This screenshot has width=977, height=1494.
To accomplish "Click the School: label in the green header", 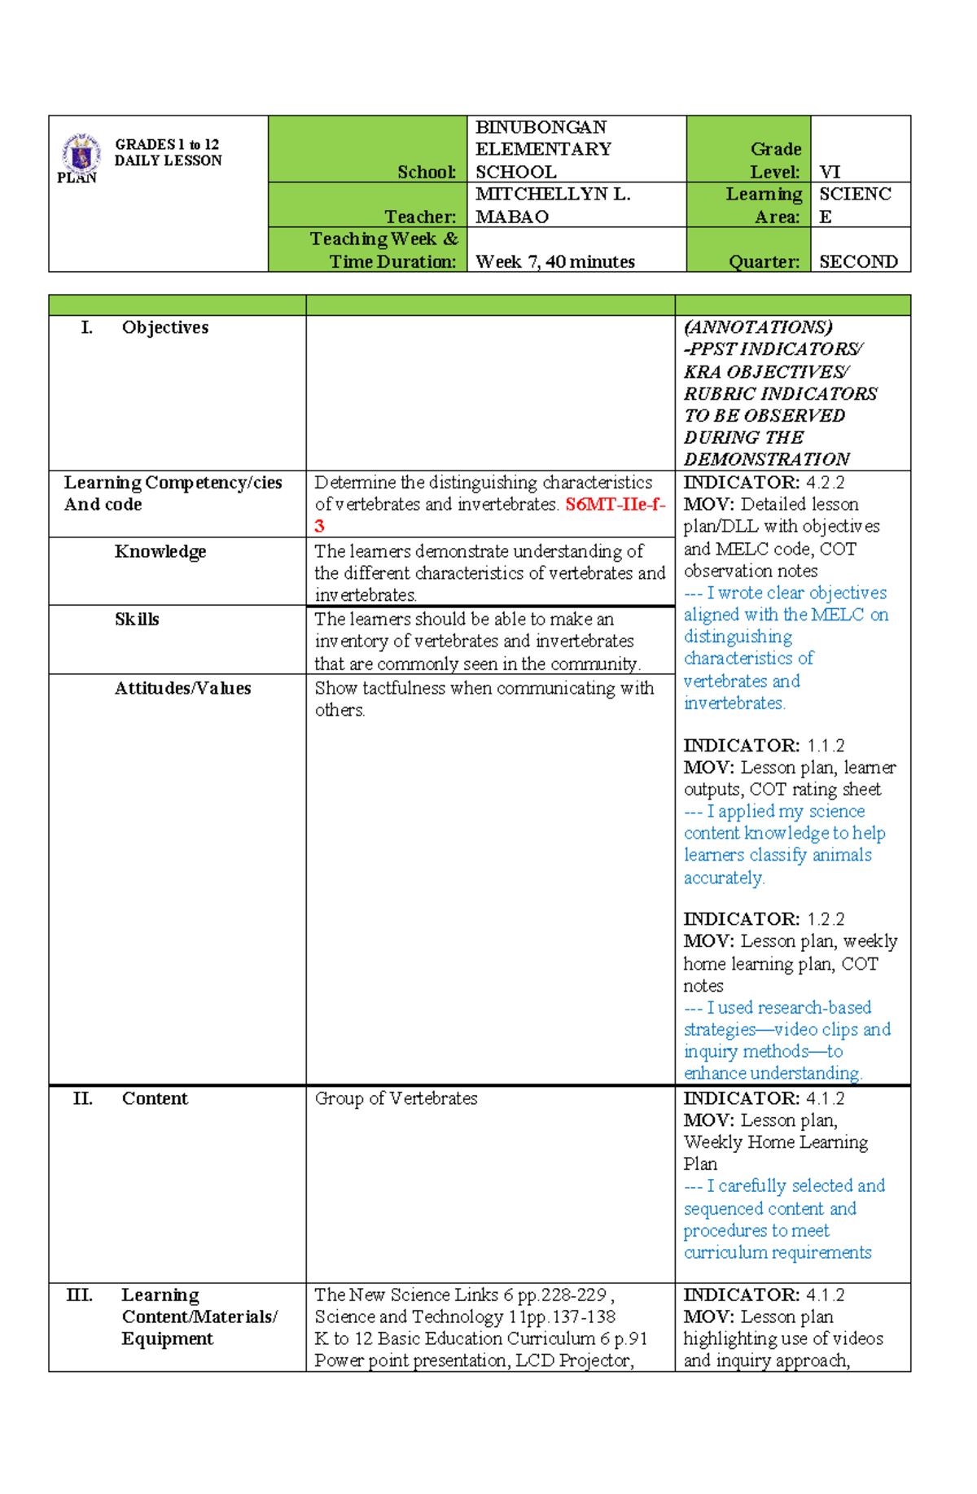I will pos(427,172).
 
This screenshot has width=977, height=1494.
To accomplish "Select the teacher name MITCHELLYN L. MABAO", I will pos(553,205).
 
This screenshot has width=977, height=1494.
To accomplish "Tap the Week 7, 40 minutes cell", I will pos(555,261).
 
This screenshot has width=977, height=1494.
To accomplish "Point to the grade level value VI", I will pos(830,172).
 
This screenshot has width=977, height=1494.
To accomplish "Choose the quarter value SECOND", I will pos(858,261).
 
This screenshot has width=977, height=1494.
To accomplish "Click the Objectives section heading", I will pos(164,327).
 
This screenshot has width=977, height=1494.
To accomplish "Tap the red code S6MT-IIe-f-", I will pos(615,505).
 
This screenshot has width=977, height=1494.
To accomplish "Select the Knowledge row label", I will pos(160,551).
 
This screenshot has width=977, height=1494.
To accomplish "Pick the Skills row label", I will pos(137,619).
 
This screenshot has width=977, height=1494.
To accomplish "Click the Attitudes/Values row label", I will pos(182,688).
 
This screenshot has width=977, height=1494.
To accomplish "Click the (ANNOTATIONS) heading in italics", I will pos(758,327).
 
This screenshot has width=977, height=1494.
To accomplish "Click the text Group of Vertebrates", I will pos(396,1098).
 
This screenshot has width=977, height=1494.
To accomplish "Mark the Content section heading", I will pos(155,1098).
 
